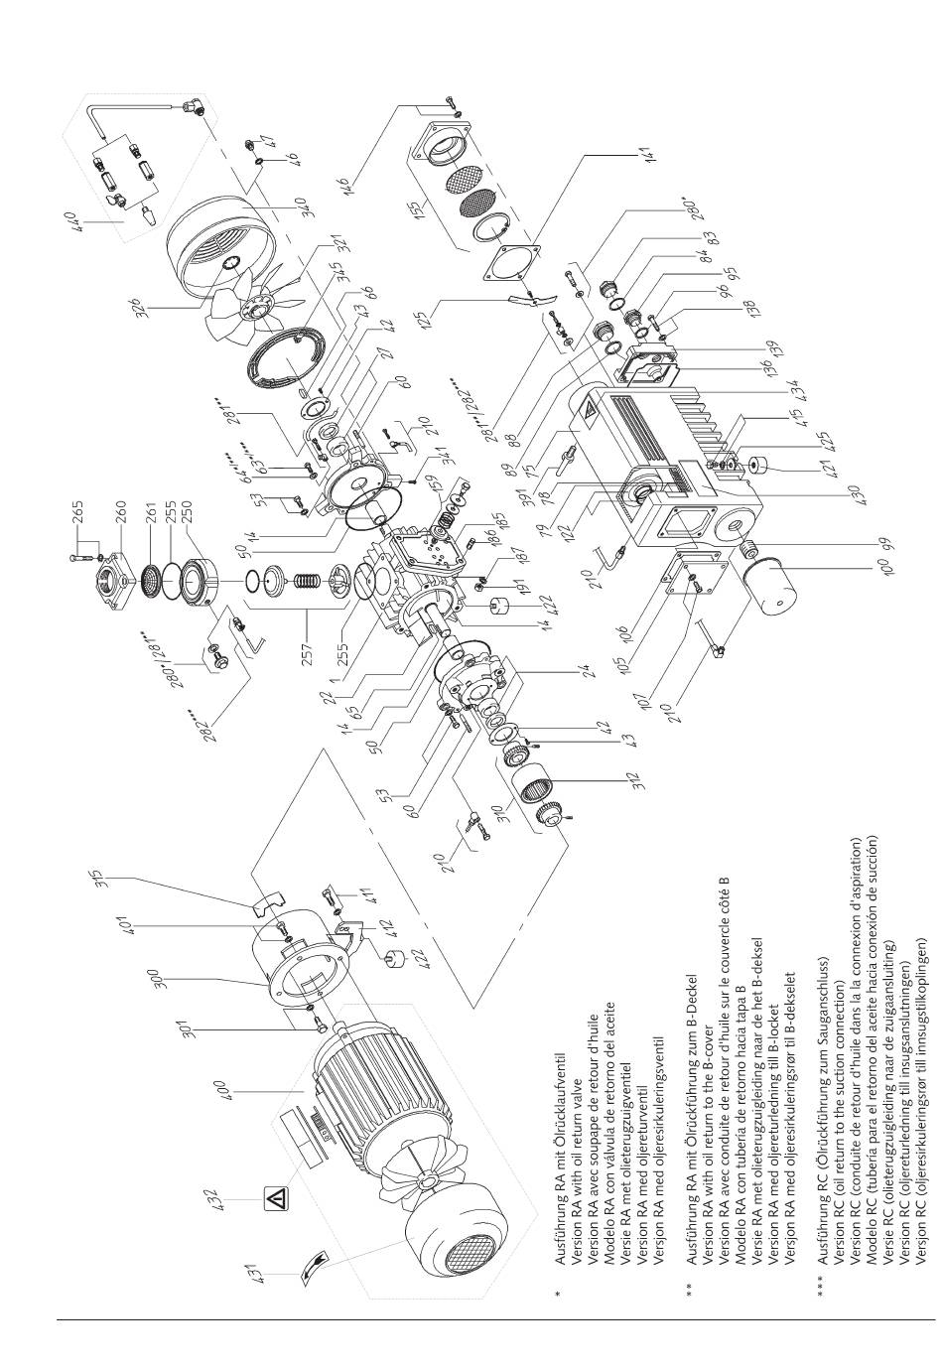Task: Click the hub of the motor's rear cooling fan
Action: tap(425, 1178)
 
